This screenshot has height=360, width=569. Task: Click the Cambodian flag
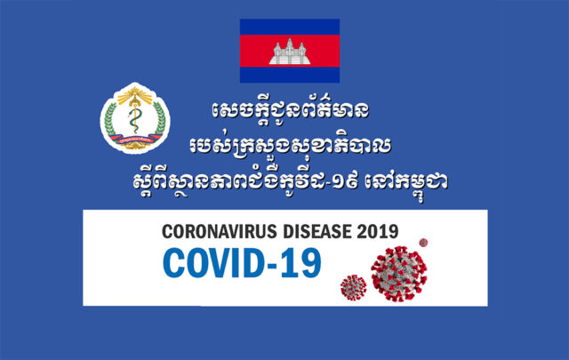tap(290, 51)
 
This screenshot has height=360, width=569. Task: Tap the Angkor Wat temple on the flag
tap(290, 52)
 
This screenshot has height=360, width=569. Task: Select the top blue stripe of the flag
tap(290, 27)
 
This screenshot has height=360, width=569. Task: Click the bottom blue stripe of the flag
tap(290, 76)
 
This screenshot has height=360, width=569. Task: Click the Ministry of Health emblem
tap(135, 118)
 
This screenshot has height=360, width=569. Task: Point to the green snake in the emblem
tap(134, 120)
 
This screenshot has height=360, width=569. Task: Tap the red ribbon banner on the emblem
tap(135, 139)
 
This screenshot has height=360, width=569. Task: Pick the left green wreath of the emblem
tap(110, 119)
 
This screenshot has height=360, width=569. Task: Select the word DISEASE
tap(317, 231)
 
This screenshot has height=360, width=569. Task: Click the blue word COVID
tap(213, 263)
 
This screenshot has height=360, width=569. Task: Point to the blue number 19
tap(301, 263)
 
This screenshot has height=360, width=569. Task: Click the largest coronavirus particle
tap(399, 274)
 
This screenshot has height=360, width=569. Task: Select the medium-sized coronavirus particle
tap(354, 287)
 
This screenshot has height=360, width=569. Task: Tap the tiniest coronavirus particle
tap(423, 243)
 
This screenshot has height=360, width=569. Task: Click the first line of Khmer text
tap(291, 110)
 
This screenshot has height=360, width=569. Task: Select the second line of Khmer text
tap(290, 145)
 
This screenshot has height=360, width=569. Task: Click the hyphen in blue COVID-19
tap(273, 265)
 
